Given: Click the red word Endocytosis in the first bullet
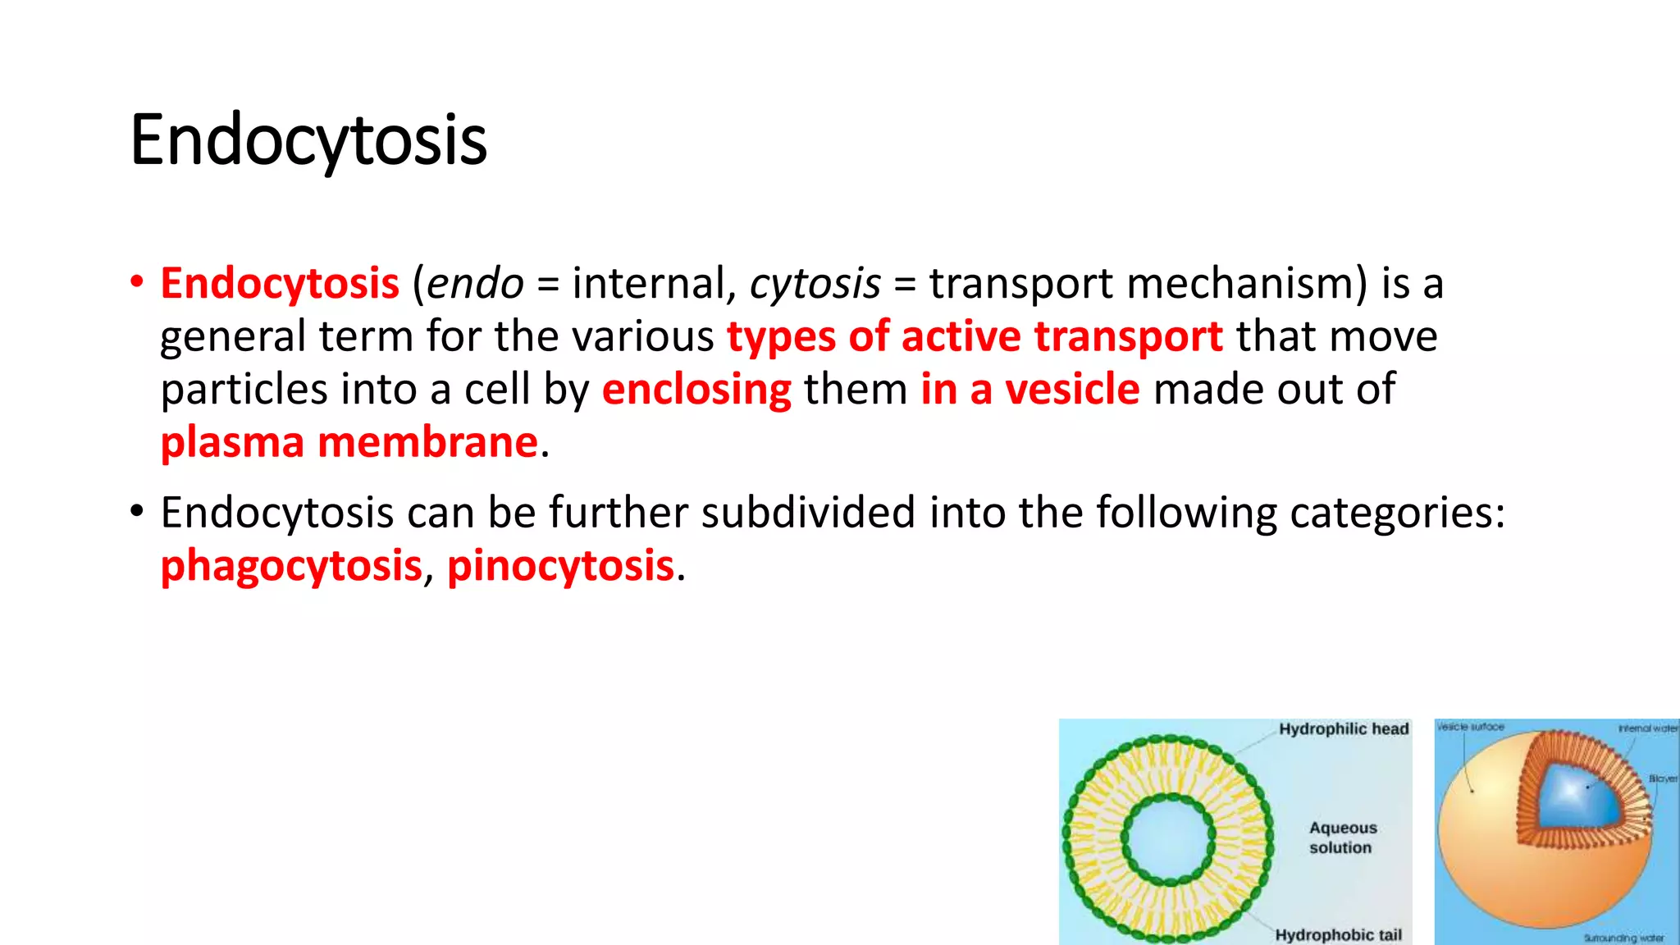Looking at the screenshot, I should (x=280, y=284).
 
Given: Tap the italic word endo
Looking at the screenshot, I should (x=475, y=284).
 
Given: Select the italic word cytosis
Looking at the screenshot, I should (x=815, y=284).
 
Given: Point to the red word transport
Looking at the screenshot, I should (x=1128, y=337).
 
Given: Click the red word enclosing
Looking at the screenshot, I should (x=696, y=390).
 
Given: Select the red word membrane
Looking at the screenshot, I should (x=427, y=443).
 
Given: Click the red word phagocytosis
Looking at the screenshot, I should (x=291, y=566).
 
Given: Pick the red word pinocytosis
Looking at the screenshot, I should (x=560, y=566).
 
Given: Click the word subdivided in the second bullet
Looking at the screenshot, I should (x=807, y=514).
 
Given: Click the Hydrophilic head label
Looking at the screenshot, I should (x=1344, y=729).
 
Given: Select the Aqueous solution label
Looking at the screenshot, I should (x=1342, y=838).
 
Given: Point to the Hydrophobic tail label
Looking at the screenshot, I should (x=1338, y=935).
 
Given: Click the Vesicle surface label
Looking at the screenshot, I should (x=1471, y=727).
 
